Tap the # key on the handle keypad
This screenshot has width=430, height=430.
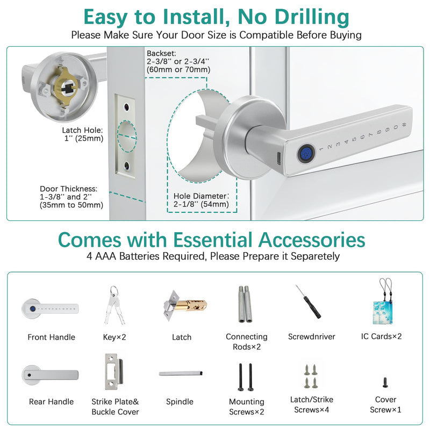pyautogui.click(x=404, y=125)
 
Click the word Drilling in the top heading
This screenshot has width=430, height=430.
pyautogui.click(x=312, y=17)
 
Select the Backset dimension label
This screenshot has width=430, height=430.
pyautogui.click(x=178, y=61)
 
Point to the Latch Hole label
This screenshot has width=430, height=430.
pyautogui.click(x=83, y=134)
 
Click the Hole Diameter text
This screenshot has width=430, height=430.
pyautogui.click(x=201, y=200)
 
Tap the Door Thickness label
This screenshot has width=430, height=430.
pyautogui.click(x=71, y=197)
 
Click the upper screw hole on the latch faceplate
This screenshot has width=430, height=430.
pyautogui.click(x=126, y=106)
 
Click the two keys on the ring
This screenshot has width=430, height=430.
pyautogui.click(x=114, y=304)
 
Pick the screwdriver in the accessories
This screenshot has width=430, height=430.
pyautogui.click(x=308, y=302)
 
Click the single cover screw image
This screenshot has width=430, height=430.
pyautogui.click(x=385, y=382)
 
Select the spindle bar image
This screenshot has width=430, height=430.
pyautogui.click(x=181, y=373)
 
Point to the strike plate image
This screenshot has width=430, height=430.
pyautogui.click(x=114, y=371)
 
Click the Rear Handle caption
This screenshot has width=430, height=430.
pyautogui.click(x=51, y=402)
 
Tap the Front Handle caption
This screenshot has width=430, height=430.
pyautogui.click(x=51, y=337)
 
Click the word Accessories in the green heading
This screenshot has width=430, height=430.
pyautogui.click(x=312, y=240)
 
